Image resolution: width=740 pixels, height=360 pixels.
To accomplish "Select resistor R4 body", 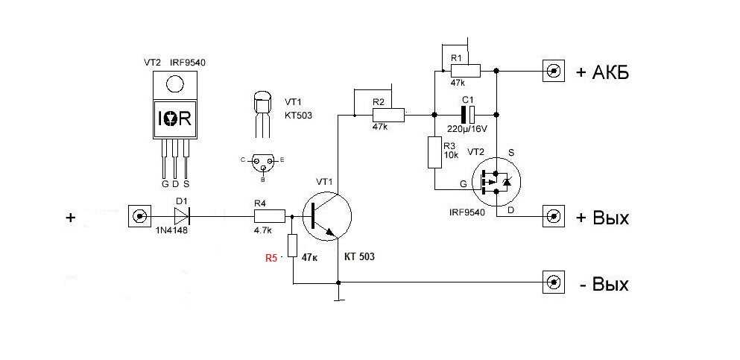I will (269, 216).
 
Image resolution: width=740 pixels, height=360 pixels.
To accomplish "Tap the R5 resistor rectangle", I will (294, 245).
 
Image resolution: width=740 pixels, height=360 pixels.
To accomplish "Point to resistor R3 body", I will (434, 152).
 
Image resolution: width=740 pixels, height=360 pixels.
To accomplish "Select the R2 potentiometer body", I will (388, 115).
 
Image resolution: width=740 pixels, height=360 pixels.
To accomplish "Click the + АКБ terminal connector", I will (553, 72).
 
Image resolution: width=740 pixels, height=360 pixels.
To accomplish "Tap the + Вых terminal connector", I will (553, 217).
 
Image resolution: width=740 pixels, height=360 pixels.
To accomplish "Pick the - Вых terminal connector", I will (553, 282).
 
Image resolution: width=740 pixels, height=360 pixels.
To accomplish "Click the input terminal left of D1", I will (139, 216).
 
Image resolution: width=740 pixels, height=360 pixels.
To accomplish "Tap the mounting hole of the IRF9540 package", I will (175, 81).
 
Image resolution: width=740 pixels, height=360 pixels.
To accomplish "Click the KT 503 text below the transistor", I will (359, 257).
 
